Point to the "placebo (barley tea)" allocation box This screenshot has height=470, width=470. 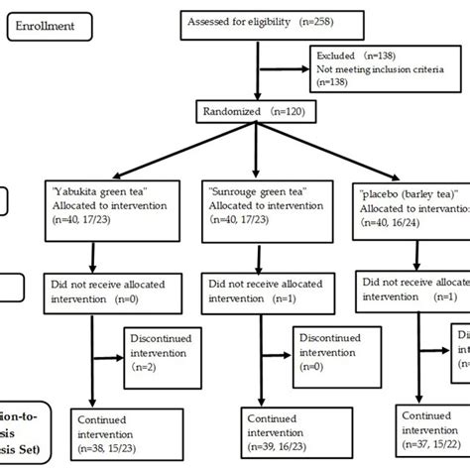click(411, 215)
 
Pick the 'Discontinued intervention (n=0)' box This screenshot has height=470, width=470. click(322, 353)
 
